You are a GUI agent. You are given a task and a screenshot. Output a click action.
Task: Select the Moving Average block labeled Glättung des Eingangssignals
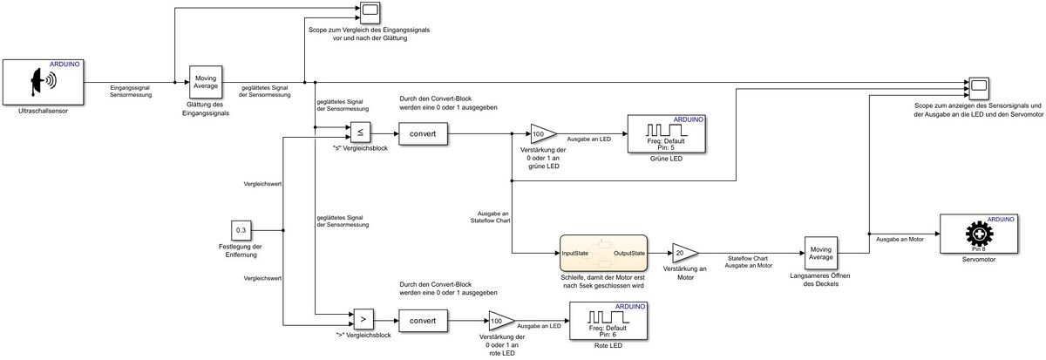tap(206, 82)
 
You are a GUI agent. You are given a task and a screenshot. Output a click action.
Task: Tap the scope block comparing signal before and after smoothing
tap(369, 11)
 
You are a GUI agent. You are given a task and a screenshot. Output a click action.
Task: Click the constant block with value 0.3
tap(241, 231)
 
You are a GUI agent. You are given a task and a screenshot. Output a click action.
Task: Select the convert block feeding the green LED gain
tap(424, 134)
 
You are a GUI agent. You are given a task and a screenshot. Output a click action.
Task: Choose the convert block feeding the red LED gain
tap(424, 320)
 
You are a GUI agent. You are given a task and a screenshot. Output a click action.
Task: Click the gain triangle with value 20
tap(683, 253)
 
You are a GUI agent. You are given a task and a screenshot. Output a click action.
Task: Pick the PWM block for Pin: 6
tap(607, 322)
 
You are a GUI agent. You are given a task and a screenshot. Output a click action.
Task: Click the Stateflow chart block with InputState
tap(602, 253)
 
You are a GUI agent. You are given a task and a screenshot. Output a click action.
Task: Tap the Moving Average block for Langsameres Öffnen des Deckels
tap(818, 253)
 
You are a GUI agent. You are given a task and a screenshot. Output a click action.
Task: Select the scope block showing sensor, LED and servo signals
tap(979, 85)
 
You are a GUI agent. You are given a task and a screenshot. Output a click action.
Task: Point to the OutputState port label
tap(628, 253)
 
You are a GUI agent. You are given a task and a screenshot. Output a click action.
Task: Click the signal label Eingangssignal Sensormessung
tap(131, 91)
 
